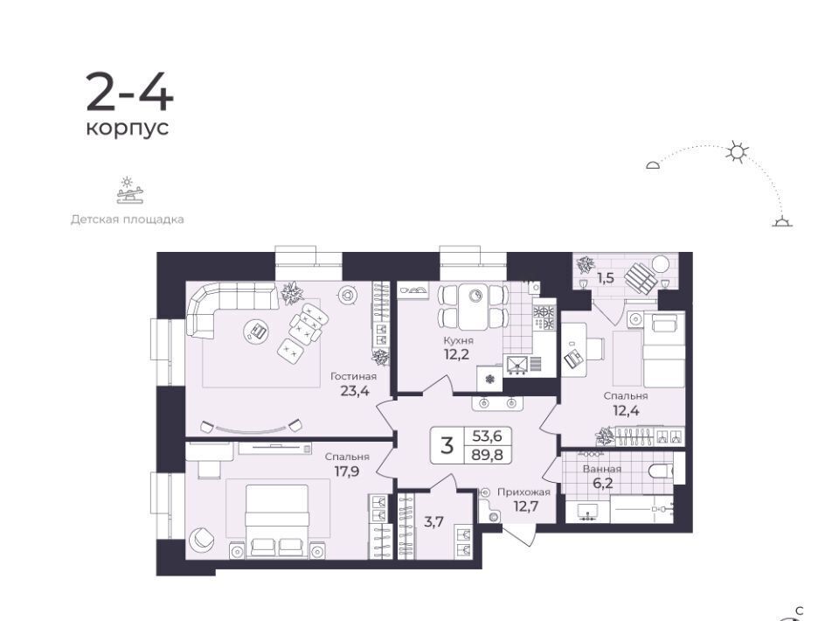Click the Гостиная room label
pyautogui.click(x=353, y=376)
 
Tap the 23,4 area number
pyautogui.click(x=355, y=391)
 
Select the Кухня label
pyautogui.click(x=458, y=340)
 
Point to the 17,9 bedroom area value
pyautogui.click(x=346, y=471)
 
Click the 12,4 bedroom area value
pyautogui.click(x=626, y=411)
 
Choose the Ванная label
pyautogui.click(x=602, y=469)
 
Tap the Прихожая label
pyautogui.click(x=524, y=492)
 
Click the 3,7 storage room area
pyautogui.click(x=433, y=521)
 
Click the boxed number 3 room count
pyautogui.click(x=447, y=445)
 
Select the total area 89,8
pyautogui.click(x=487, y=455)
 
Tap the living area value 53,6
pyautogui.click(x=487, y=436)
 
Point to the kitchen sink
pyautogui.click(x=517, y=364)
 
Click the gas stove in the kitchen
pyautogui.click(x=543, y=317)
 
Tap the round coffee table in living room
pyautogui.click(x=257, y=331)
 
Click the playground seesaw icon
pyautogui.click(x=130, y=191)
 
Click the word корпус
pyautogui.click(x=128, y=129)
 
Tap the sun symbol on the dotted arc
pyautogui.click(x=738, y=152)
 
